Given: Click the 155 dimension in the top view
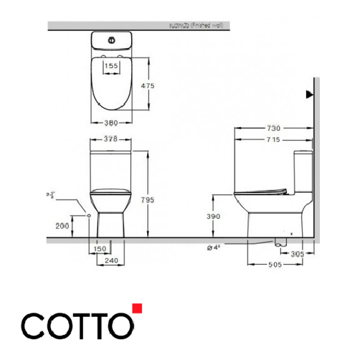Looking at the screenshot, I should (x=112, y=66).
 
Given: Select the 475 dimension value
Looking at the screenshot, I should (x=147, y=85).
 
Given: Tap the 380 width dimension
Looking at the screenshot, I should (x=111, y=121).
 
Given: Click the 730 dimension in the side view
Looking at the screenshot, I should (x=274, y=128).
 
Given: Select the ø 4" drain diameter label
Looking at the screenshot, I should (x=213, y=248).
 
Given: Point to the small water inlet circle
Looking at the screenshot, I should (x=87, y=214).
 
